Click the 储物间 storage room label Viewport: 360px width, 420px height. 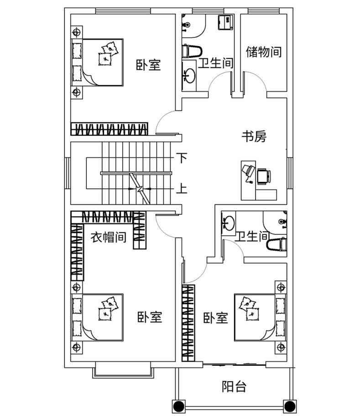(x=264, y=52)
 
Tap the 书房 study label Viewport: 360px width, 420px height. (x=254, y=137)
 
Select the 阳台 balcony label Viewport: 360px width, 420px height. (x=234, y=387)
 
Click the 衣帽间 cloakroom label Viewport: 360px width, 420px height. (x=108, y=237)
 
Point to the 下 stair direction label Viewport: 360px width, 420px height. (x=182, y=158)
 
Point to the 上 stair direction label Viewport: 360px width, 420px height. (x=182, y=188)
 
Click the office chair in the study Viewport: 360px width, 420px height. (x=264, y=176)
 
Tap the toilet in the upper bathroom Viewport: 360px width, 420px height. (x=192, y=51)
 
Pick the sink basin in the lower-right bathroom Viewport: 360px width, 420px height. (x=228, y=223)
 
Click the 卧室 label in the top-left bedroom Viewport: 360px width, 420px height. (x=148, y=65)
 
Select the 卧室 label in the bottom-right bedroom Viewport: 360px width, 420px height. (x=215, y=318)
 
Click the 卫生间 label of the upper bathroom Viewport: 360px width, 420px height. (x=216, y=63)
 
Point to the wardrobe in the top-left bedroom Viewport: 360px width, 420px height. (x=110, y=129)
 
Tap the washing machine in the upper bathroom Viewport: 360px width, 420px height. (x=226, y=22)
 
